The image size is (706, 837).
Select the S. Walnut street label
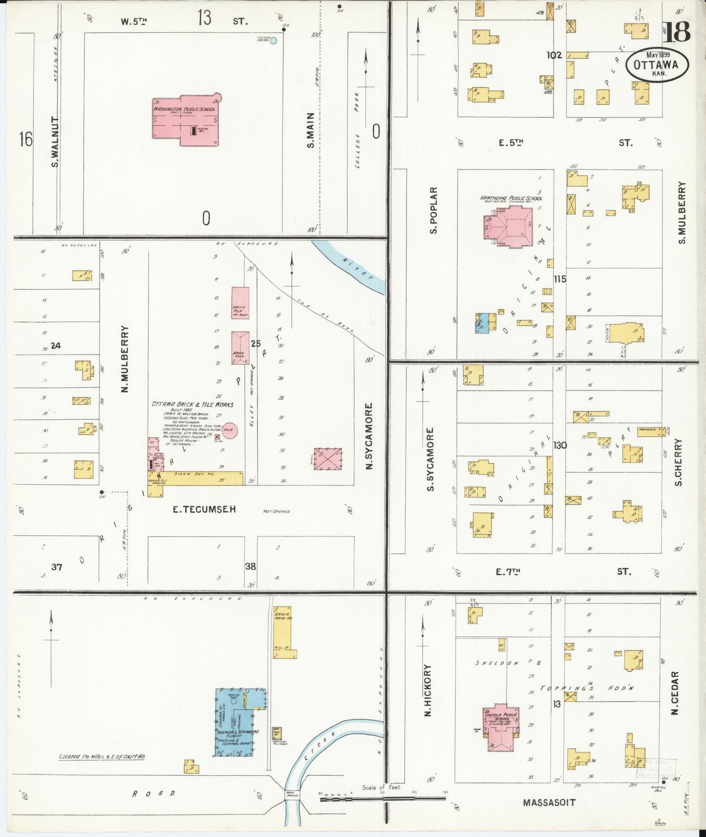point(55,142)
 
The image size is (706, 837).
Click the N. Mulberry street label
point(125,359)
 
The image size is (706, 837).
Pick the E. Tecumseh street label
point(204,509)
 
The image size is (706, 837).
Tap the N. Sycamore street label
point(369,436)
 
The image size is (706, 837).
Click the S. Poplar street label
point(433,210)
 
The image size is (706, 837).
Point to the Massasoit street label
point(549,802)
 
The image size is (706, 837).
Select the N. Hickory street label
point(428,690)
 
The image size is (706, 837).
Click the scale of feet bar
point(382,799)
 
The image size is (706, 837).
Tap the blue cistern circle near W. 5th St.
point(273,41)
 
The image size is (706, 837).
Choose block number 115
point(559,279)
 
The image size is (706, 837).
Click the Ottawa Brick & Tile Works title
point(193,404)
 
